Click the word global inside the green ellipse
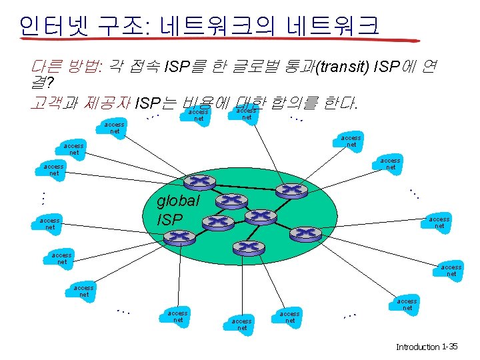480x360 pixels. (x=179, y=202)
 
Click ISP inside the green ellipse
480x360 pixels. (x=169, y=219)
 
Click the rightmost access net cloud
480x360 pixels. (x=451, y=270)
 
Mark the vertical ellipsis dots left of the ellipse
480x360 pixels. (x=41, y=198)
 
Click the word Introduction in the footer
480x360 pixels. (x=418, y=347)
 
